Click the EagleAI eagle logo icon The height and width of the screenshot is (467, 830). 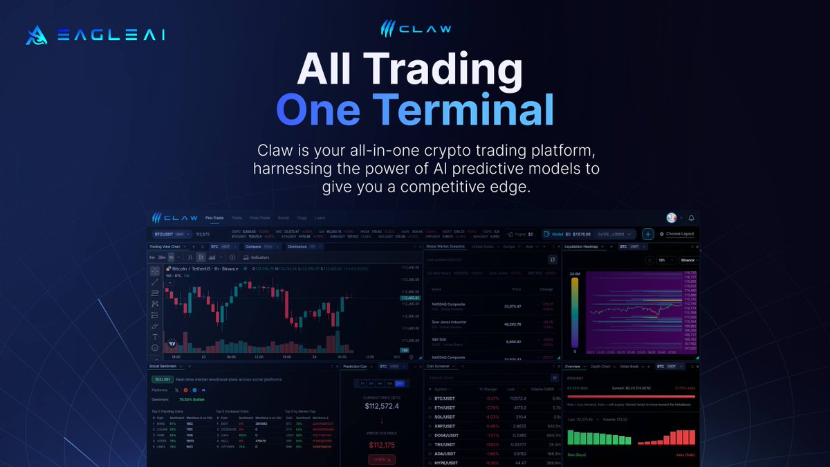pyautogui.click(x=36, y=35)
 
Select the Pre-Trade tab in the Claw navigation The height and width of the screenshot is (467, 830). pyautogui.click(x=214, y=218)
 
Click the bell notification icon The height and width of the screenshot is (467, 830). pyautogui.click(x=691, y=218)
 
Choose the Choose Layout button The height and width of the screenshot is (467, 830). pyautogui.click(x=677, y=234)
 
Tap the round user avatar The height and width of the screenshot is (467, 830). pyautogui.click(x=672, y=218)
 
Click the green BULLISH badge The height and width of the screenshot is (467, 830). pyautogui.click(x=162, y=379)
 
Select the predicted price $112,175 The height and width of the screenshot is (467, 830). pyautogui.click(x=382, y=445)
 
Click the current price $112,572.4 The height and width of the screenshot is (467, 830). pyautogui.click(x=382, y=407)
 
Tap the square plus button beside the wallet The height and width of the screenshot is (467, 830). pyautogui.click(x=647, y=234)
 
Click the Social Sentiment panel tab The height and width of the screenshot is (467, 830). pyautogui.click(x=165, y=366)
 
